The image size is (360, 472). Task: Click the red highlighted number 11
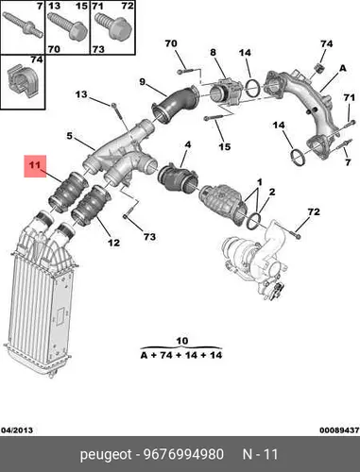click(35, 165)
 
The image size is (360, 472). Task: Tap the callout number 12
click(113, 243)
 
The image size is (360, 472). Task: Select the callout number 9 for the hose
click(143, 82)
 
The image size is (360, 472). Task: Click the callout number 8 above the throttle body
click(214, 52)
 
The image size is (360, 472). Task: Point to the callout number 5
click(69, 136)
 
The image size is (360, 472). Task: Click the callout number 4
click(188, 144)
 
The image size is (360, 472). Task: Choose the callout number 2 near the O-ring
click(272, 192)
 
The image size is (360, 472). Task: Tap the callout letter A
click(342, 68)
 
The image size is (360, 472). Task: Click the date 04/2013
click(17, 430)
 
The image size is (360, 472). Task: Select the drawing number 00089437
click(339, 430)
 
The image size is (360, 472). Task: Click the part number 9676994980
click(183, 454)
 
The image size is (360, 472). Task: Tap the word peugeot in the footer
click(106, 455)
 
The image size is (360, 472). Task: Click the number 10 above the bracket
click(182, 341)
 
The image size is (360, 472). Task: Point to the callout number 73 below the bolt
click(149, 236)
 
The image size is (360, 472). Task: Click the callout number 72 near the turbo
click(314, 211)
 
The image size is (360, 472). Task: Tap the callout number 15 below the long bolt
click(224, 146)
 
